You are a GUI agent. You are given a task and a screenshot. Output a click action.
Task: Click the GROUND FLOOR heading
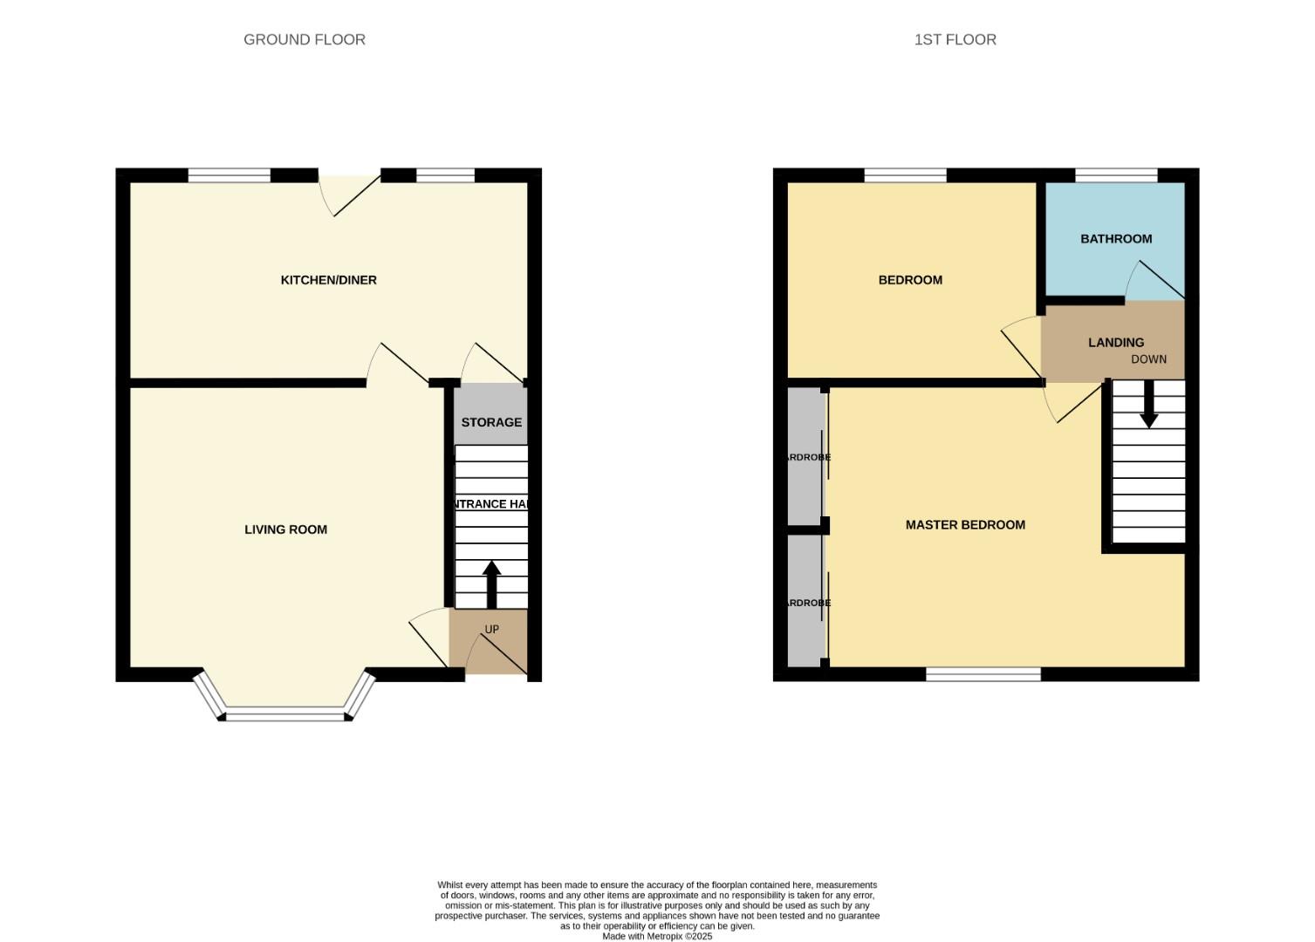[x=304, y=39]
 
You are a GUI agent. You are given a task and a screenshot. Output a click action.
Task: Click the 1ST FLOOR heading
[x=955, y=39]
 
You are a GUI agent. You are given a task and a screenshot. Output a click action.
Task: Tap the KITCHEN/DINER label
[x=328, y=280]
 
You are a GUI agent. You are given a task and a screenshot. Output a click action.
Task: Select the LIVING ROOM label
[x=285, y=529]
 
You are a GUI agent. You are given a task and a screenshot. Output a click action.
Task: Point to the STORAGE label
[x=491, y=422]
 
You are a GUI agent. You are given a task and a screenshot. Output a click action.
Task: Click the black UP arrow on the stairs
[x=491, y=584]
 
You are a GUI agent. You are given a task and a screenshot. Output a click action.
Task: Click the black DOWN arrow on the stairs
[x=1148, y=404]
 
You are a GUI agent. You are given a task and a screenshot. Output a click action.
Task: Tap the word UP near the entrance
[x=491, y=630]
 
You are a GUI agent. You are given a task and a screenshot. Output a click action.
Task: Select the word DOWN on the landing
[x=1148, y=359]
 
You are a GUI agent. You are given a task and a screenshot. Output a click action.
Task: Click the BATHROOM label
[x=1116, y=239]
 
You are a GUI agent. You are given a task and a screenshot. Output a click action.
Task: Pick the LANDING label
[x=1116, y=343]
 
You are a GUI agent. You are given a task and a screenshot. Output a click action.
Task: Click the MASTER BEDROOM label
[x=965, y=525]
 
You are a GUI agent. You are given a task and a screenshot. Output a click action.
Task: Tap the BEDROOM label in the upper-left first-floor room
[x=910, y=280]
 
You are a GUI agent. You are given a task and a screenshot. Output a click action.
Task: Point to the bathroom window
[x=1116, y=175]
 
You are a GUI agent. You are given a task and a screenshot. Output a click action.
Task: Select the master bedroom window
[x=983, y=674]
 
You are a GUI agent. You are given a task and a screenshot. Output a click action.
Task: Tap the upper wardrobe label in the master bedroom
[x=807, y=457]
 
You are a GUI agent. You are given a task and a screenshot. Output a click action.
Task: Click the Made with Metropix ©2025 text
[x=657, y=937]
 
